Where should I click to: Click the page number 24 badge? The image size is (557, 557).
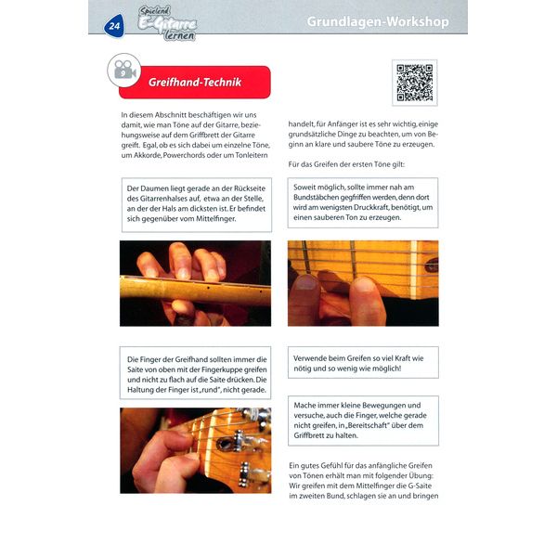pyautogui.click(x=114, y=26)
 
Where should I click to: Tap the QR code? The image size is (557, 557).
pyautogui.click(x=414, y=83)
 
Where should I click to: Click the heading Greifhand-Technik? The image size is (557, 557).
pyautogui.click(x=195, y=83)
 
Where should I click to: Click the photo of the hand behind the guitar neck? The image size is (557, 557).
pyautogui.click(x=195, y=283)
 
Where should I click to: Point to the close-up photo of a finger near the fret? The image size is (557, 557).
pyautogui.click(x=362, y=283)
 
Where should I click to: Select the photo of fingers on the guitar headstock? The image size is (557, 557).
pyautogui.click(x=195, y=450)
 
